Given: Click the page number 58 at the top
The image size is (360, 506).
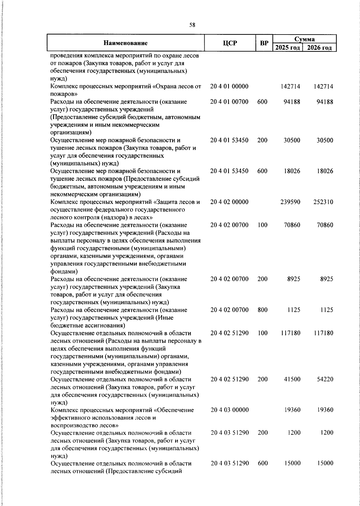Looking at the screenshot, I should coord(192,25).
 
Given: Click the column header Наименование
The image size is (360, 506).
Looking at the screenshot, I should coord(126,43).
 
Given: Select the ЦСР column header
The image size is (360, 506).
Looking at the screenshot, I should coord(230,43).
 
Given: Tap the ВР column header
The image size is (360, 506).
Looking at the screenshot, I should coord(264,43).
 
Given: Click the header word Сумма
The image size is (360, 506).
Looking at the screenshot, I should coord(304,39).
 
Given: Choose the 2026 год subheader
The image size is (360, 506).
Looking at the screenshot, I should coord(319,48).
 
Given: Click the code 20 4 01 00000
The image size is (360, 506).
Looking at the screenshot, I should coord(229,86).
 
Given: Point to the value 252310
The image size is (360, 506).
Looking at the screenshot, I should coord(323,202).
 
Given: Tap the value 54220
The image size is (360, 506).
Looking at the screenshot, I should coord(325,379).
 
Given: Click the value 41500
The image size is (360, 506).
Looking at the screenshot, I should coord(292,379).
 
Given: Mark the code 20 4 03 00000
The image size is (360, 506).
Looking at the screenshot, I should coord(229,410).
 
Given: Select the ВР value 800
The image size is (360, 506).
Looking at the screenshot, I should coord(262,310).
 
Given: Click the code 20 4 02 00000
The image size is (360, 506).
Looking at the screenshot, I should coord(229,202).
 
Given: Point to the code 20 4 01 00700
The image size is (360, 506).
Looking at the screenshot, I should coord(229,102).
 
